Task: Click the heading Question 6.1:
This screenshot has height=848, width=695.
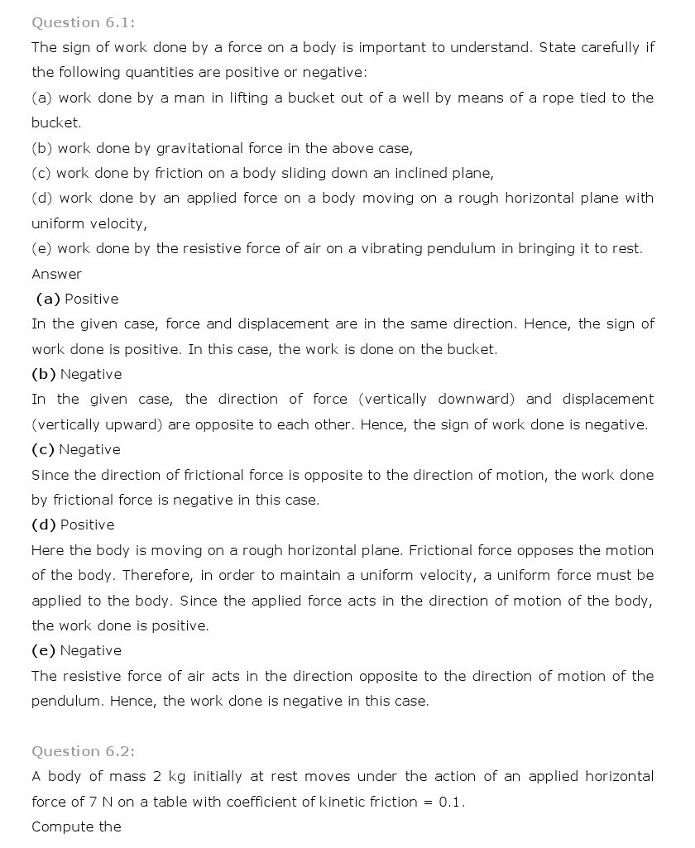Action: click(83, 22)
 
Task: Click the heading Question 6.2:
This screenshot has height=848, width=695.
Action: click(83, 751)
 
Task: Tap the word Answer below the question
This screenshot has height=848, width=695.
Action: click(56, 274)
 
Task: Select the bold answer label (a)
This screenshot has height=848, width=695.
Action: click(48, 299)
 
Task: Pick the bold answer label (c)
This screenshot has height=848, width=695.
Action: click(43, 449)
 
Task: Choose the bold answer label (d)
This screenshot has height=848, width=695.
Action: click(44, 525)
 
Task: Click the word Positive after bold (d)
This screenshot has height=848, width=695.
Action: click(88, 525)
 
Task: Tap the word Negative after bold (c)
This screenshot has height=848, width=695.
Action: click(90, 449)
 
